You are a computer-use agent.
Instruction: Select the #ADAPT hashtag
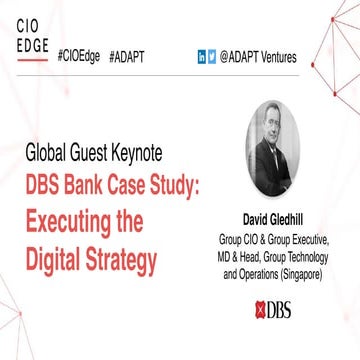[125, 57]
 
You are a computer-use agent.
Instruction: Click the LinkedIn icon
[202, 57]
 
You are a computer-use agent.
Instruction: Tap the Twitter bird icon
[212, 57]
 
